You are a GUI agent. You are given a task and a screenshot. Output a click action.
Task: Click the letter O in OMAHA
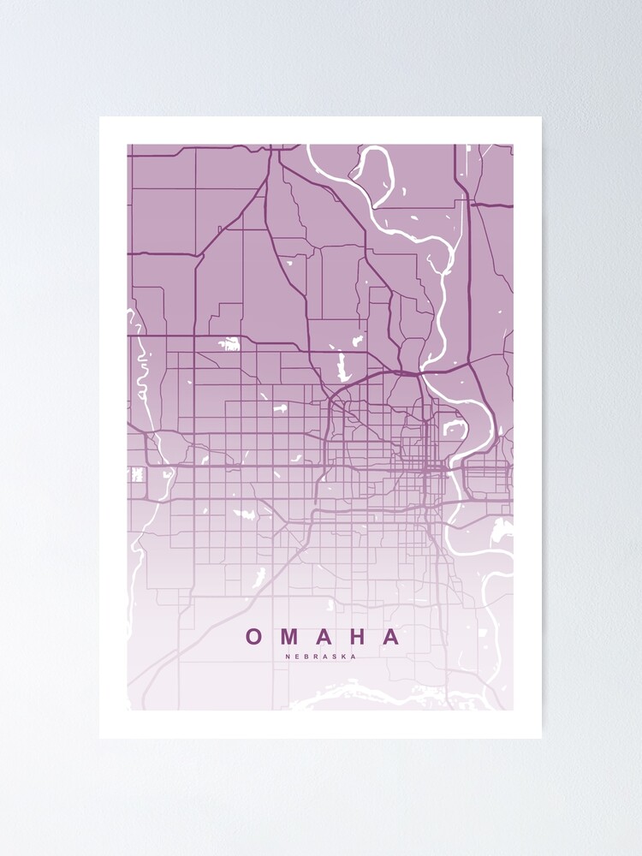(x=254, y=637)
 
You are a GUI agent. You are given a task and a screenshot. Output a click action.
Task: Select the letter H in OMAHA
(x=359, y=637)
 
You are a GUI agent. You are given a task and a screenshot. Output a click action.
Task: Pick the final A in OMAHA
(x=391, y=637)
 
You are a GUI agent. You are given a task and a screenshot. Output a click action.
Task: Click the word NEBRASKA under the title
(x=321, y=657)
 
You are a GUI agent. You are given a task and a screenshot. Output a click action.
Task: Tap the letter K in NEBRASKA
(x=345, y=657)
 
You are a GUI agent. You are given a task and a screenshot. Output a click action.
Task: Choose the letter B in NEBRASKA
(x=307, y=657)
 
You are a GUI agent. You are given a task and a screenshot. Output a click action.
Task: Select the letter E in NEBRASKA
(x=298, y=657)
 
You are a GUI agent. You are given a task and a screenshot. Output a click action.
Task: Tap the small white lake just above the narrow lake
(x=356, y=341)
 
